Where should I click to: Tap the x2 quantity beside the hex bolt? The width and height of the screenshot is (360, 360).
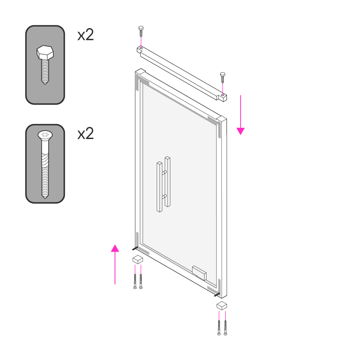coord(86,35)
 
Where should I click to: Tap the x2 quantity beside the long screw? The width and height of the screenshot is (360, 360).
coord(86,134)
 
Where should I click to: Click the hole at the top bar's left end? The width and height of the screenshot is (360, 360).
coord(141,48)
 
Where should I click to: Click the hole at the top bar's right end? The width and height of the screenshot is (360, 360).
coord(223,95)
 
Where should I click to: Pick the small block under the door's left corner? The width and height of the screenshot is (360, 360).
coord(138,260)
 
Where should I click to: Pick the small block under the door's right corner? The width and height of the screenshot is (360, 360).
coord(222,305)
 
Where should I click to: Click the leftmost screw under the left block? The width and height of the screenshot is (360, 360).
coord(135,281)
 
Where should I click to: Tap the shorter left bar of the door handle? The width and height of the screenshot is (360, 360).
coord(159,186)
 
